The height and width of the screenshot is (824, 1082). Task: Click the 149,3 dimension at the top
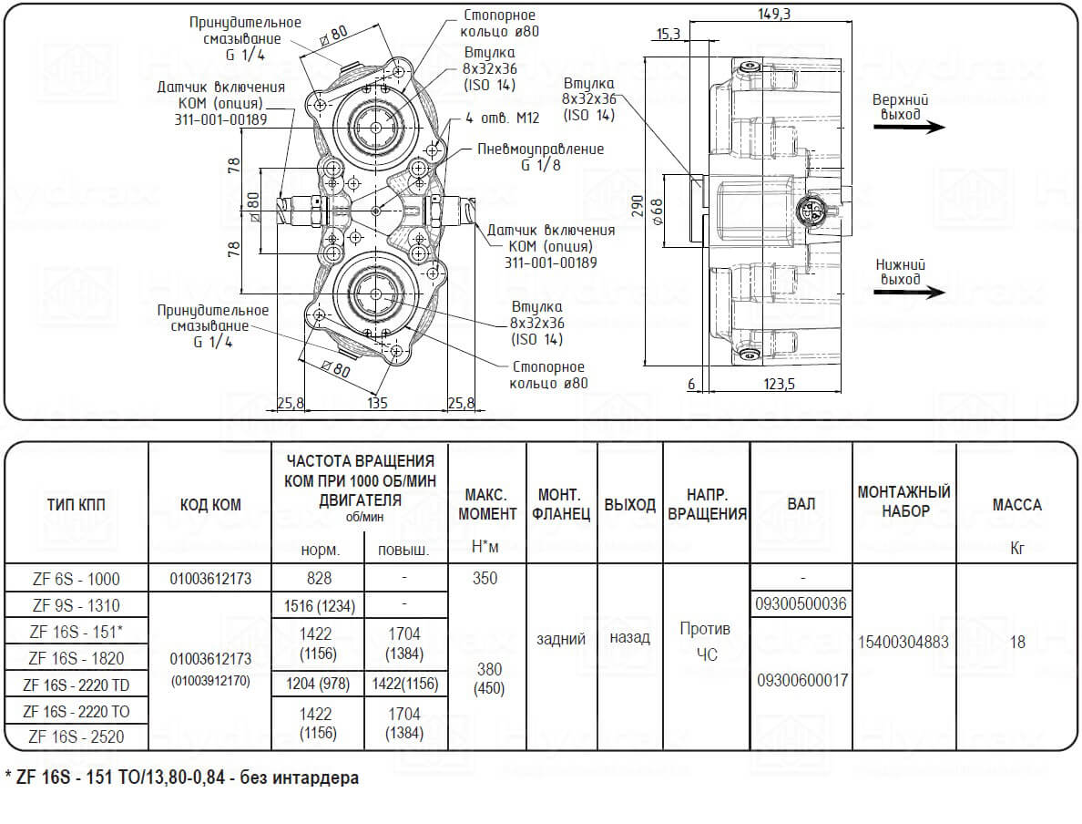coord(773,13)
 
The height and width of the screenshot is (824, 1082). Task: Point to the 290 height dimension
coord(637,206)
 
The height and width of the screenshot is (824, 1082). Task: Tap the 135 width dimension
coord(377,403)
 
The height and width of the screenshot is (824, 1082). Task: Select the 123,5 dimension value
coord(779,384)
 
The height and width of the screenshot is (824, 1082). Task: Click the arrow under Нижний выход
coord(910,293)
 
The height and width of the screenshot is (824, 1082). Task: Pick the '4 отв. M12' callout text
coord(503,118)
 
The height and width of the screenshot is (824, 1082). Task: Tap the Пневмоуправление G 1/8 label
coord(541,157)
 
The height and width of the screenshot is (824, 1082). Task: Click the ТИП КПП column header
coord(76,505)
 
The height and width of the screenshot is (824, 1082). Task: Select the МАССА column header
coord(1016,505)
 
